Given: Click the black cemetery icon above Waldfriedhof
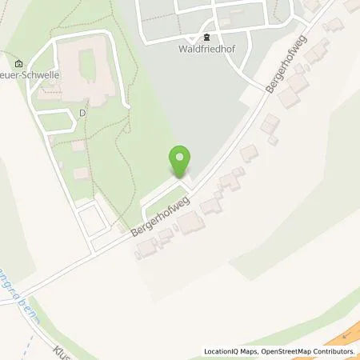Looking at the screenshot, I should (x=207, y=36).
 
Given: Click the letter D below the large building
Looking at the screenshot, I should (x=82, y=113).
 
